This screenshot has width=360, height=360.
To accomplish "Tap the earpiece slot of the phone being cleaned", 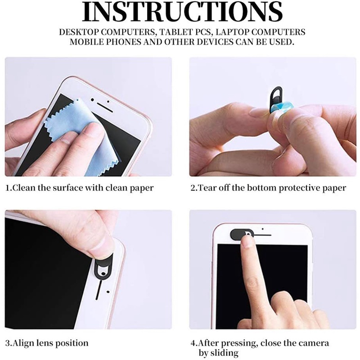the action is click(105, 108).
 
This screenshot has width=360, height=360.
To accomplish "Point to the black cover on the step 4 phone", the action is click(241, 234).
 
